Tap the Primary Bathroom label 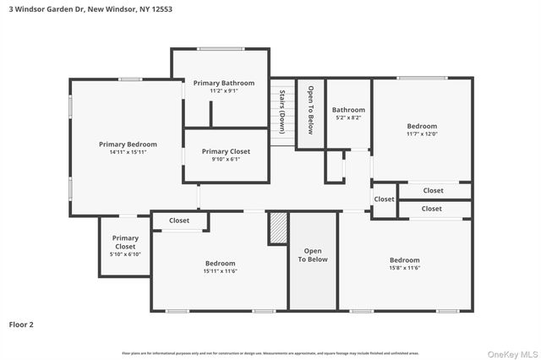218,83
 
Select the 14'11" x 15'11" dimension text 127,153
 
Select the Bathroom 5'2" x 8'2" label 348,113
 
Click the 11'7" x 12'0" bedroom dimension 422,134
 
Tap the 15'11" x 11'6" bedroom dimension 219,271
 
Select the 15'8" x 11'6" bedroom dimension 404,268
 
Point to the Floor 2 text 21,324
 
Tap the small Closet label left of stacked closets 385,199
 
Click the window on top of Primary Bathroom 221,49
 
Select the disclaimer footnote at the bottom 270,353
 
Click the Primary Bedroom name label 128,145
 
